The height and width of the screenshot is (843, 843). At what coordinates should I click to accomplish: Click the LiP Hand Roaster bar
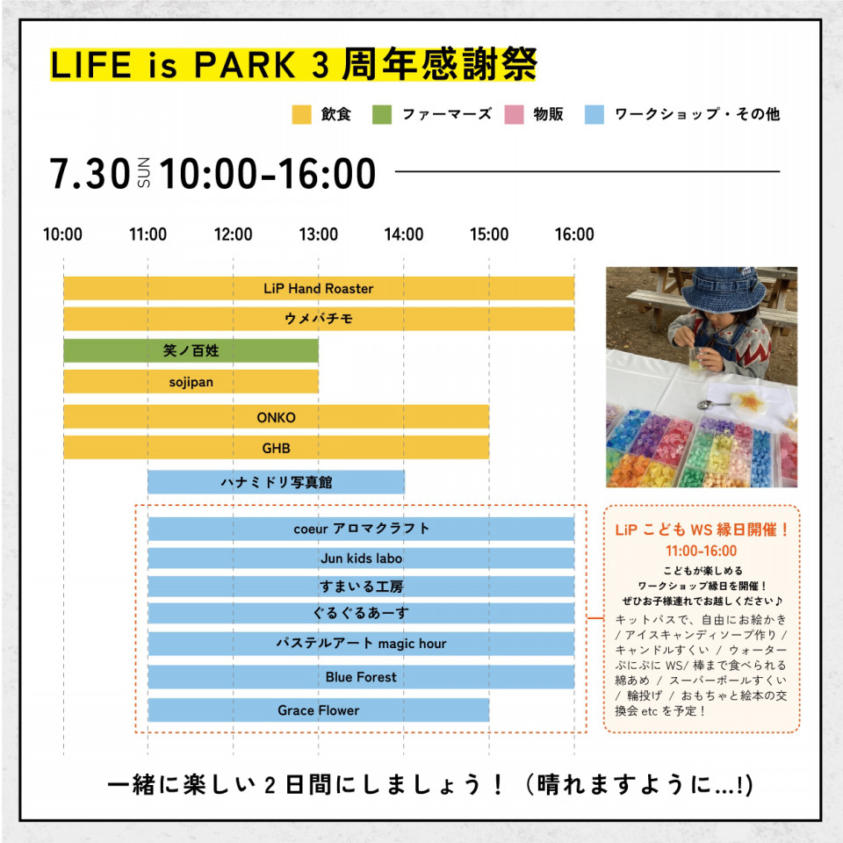[319, 288]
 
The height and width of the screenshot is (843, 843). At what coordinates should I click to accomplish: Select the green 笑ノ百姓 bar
[191, 350]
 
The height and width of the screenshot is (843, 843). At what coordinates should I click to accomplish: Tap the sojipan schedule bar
[191, 382]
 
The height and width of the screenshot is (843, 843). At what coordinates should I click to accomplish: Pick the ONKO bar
[277, 417]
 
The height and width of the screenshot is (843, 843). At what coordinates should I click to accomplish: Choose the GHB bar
[277, 447]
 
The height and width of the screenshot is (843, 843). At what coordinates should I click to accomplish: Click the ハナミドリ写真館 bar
[277, 482]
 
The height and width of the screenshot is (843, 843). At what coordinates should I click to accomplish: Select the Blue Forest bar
[361, 677]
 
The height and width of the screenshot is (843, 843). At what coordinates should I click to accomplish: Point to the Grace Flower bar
[319, 710]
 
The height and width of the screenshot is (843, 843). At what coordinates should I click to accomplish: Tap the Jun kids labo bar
[361, 558]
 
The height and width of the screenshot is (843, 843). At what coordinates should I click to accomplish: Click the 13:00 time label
[319, 234]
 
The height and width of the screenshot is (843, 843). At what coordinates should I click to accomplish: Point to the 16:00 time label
[574, 234]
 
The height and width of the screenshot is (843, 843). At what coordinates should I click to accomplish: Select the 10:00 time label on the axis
[63, 234]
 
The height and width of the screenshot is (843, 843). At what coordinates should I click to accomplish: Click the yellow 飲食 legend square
[301, 114]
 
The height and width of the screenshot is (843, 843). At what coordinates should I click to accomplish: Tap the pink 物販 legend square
[514, 114]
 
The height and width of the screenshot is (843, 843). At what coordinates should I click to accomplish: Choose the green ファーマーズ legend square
[382, 114]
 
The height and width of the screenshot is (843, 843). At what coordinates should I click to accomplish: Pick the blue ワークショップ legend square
[594, 114]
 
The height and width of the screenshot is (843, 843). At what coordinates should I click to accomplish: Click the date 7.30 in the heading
[90, 174]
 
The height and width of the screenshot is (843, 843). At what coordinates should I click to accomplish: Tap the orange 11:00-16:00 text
[701, 551]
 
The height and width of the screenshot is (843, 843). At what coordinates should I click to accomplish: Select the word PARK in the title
[245, 65]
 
